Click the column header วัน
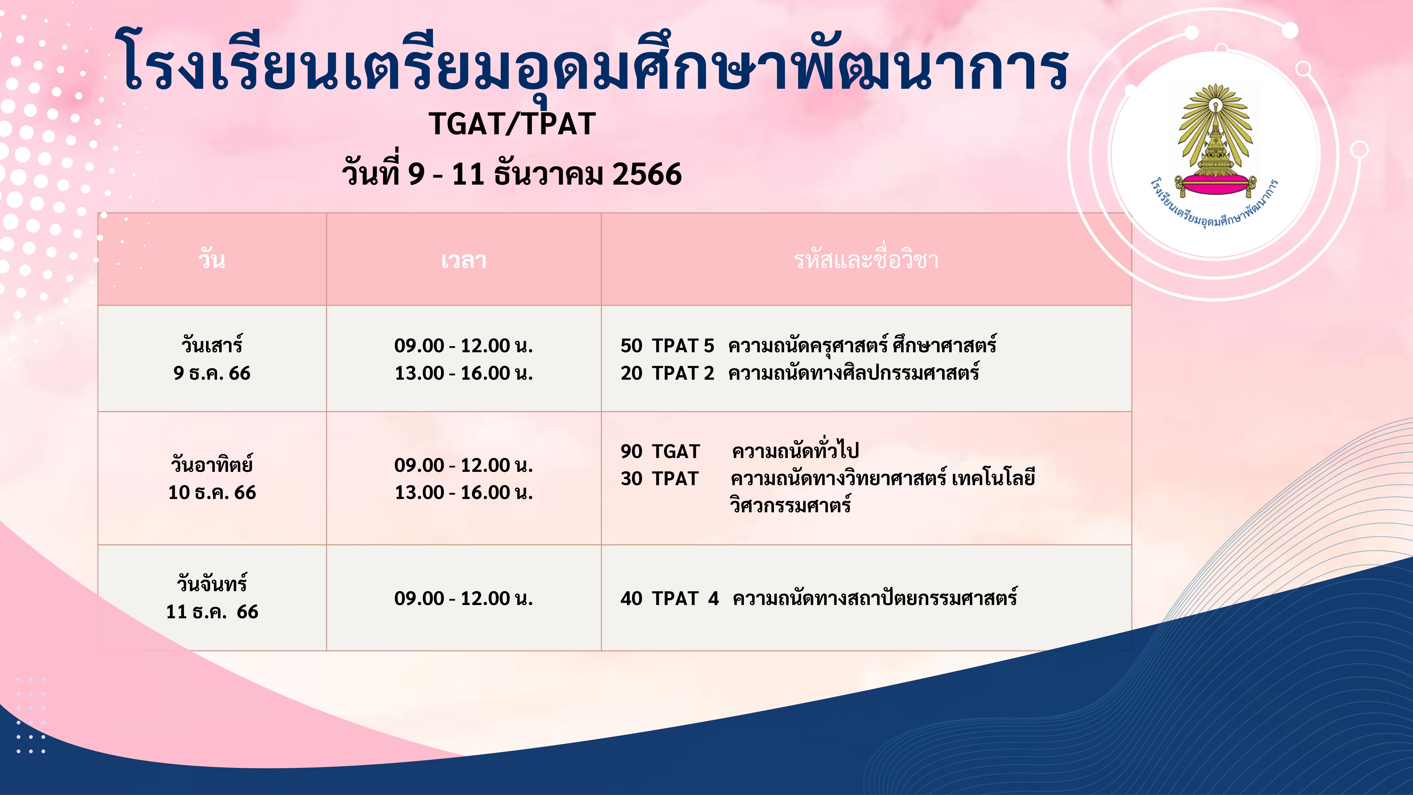[x=212, y=259]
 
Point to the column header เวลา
[x=464, y=260]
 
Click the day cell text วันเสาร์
[x=212, y=345]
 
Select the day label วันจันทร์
[x=212, y=583]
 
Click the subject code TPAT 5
[x=683, y=346]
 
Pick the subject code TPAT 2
[x=683, y=373]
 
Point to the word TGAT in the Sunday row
[x=676, y=451]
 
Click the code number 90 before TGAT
[x=631, y=451]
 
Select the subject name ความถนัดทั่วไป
[x=795, y=450]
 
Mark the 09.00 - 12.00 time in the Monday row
[x=464, y=598]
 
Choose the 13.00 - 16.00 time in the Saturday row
[x=464, y=373]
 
